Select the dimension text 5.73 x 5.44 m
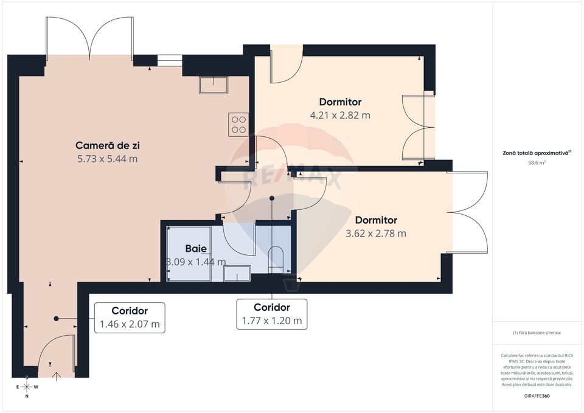tap(106, 159)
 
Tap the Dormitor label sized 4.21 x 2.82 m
tap(340, 102)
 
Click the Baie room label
tap(196, 249)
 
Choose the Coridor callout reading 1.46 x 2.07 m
tap(130, 318)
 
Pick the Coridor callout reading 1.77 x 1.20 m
tap(271, 314)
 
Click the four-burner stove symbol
tap(238, 123)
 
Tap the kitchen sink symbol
tap(213, 85)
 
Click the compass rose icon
tap(27, 387)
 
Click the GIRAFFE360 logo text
tap(537, 396)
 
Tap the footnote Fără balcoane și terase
tap(537, 333)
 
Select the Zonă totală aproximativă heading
tap(535, 153)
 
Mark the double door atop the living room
tap(91, 36)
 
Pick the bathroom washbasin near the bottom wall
tap(237, 274)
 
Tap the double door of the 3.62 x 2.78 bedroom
tap(469, 212)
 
